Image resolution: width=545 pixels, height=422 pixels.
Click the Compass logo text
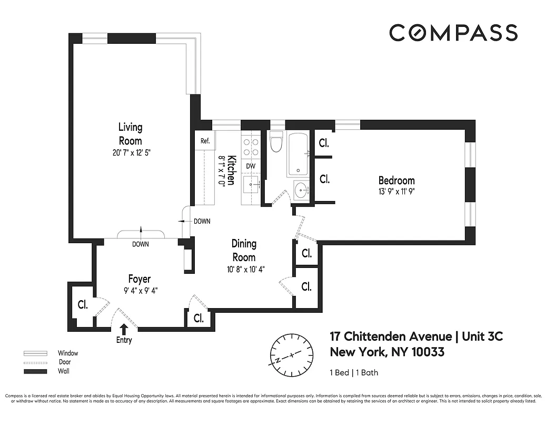[x=453, y=33]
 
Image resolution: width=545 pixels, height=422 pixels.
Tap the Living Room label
[x=130, y=134]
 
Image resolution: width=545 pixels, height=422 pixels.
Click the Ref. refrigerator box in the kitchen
[x=205, y=141]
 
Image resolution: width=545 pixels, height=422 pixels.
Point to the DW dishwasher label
[x=251, y=166]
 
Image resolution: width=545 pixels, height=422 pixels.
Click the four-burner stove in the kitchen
[x=251, y=146]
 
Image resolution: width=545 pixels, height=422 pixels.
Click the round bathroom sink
[x=301, y=190]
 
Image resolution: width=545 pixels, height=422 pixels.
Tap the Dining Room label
[x=244, y=251]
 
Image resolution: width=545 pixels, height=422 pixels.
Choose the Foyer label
[x=140, y=279]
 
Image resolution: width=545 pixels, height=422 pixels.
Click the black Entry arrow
[x=124, y=329]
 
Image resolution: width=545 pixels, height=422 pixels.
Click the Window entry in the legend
[x=67, y=353]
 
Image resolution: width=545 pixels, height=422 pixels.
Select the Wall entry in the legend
[x=63, y=371]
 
